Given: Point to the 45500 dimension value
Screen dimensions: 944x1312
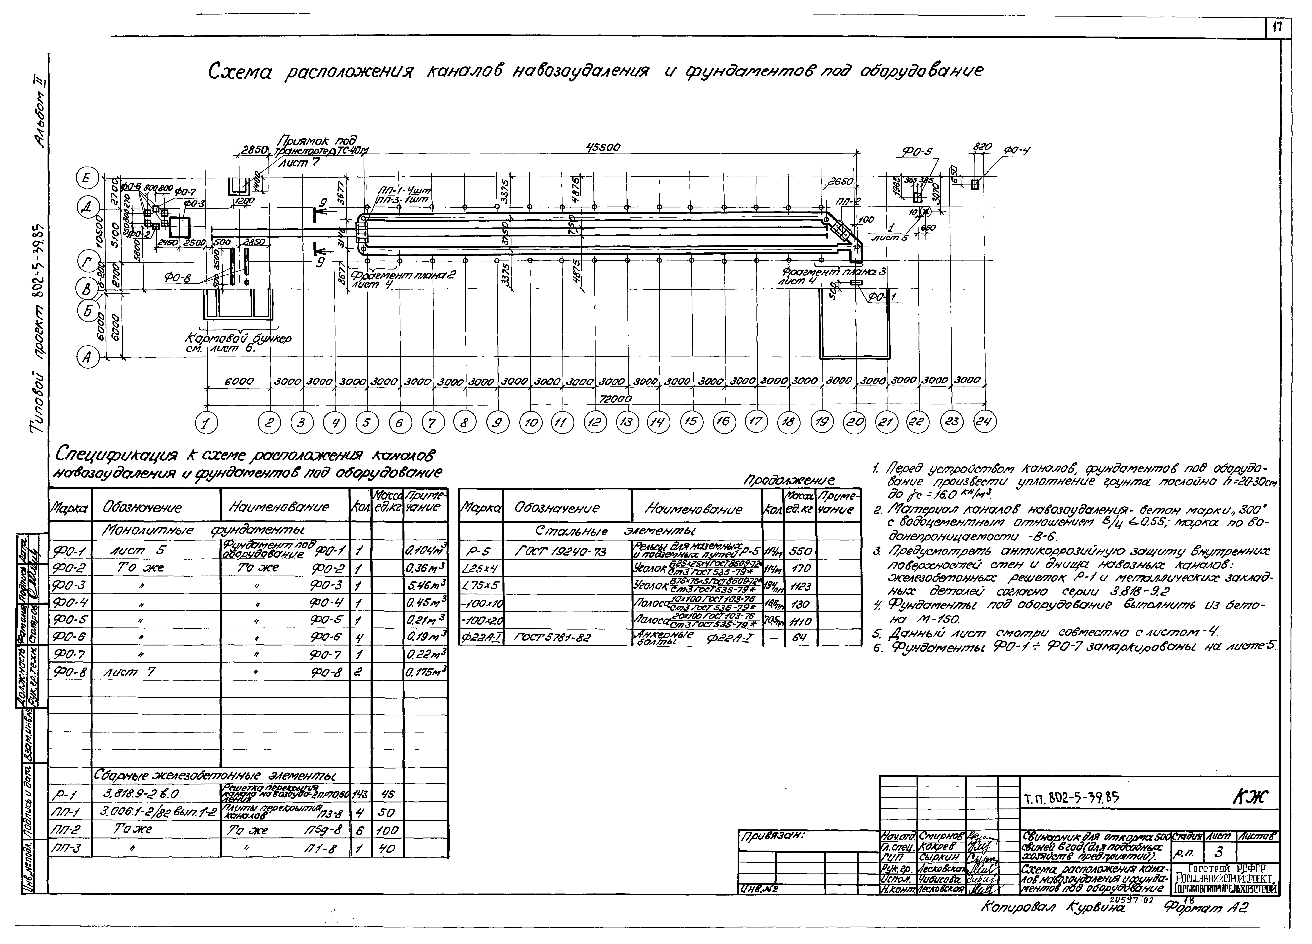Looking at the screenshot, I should [x=603, y=148].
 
